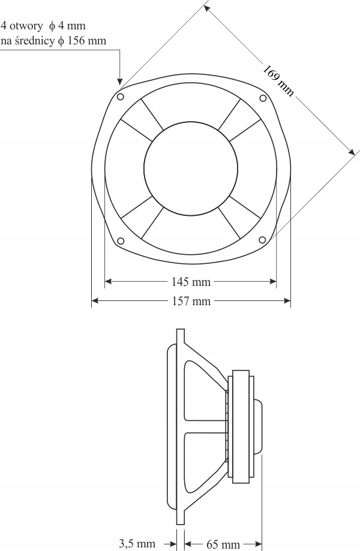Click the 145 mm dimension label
pos(191,281)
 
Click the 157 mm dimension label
pos(191,301)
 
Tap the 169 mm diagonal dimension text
pos(278,81)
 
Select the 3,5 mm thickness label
pos(137,543)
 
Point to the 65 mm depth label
pos(223,544)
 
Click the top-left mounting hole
pos(120,97)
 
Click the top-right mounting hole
pos(263,98)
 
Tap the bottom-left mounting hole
pos(120,241)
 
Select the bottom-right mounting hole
pos(262,240)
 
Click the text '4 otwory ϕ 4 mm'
pos(43,26)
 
